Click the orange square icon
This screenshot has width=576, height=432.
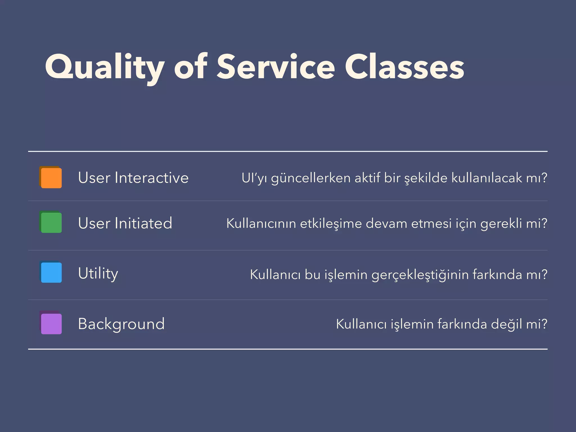click(51, 177)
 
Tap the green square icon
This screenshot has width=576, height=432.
click(51, 222)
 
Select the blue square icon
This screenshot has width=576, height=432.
click(51, 272)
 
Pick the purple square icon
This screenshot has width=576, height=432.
click(51, 323)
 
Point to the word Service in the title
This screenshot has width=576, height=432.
click(276, 67)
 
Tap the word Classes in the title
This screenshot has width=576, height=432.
click(404, 67)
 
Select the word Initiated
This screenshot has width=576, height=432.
click(143, 223)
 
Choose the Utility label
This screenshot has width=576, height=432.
click(98, 273)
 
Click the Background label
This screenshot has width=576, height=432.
click(121, 324)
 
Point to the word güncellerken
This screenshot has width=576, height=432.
click(311, 178)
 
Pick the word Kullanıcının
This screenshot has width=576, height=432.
click(261, 224)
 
